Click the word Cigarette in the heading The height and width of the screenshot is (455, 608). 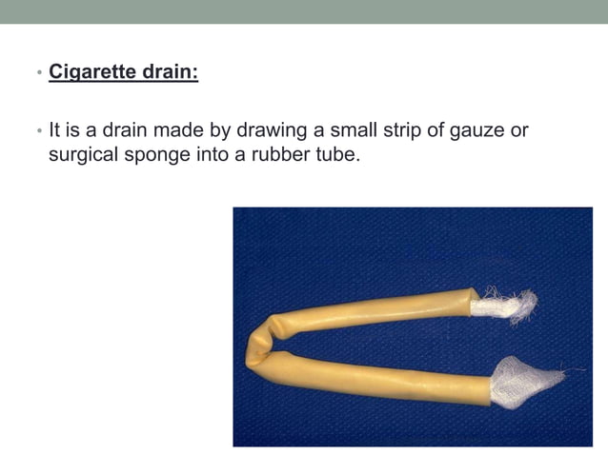pyautogui.click(x=93, y=72)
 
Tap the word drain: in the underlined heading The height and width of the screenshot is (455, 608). pyautogui.click(x=170, y=72)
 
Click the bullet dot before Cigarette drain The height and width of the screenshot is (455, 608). pyautogui.click(x=38, y=73)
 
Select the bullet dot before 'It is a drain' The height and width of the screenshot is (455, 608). pyautogui.click(x=38, y=130)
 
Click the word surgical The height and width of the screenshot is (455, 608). pyautogui.click(x=84, y=154)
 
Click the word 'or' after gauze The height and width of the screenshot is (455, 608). pyautogui.click(x=518, y=130)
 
